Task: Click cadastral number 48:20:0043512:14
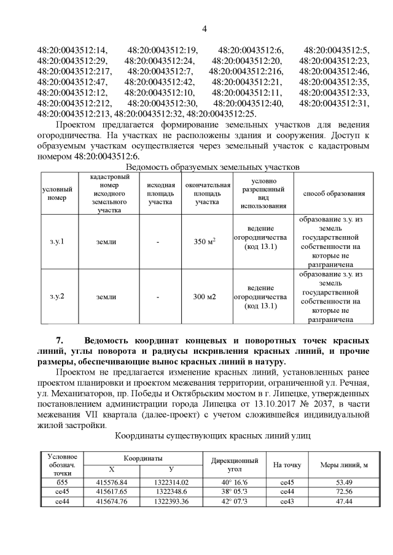(x=72, y=50)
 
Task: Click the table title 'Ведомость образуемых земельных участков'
(x=212, y=166)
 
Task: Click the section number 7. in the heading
(x=60, y=340)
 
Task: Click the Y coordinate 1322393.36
(x=171, y=501)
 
